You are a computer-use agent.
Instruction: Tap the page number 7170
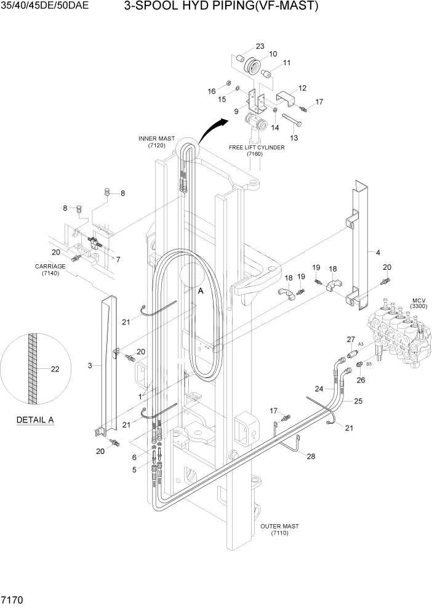[13, 599]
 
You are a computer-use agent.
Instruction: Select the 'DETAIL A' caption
[35, 421]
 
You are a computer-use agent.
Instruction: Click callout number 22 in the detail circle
[55, 370]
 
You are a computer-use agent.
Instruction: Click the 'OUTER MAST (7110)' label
[279, 530]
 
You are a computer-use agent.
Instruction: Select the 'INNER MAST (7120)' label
[157, 142]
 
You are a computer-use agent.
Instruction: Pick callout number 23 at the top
[260, 46]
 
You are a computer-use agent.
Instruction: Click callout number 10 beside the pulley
[273, 54]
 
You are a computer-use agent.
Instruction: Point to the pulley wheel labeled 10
[252, 67]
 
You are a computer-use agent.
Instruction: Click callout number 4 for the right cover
[378, 252]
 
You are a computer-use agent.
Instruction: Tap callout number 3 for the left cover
[90, 366]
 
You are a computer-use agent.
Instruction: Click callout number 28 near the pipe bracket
[311, 456]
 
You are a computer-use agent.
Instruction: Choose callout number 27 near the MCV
[351, 339]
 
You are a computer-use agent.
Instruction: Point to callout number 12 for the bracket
[302, 88]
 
